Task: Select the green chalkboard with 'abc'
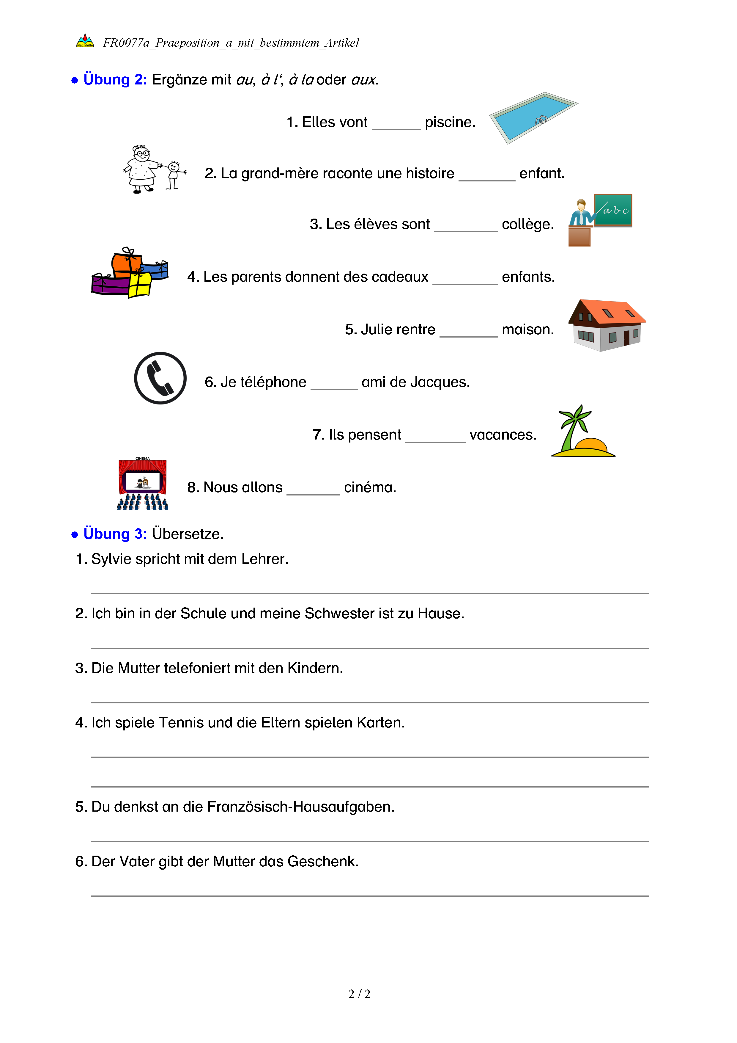point(613,210)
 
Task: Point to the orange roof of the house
point(613,312)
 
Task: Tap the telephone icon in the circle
point(160,378)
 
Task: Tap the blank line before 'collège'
point(466,227)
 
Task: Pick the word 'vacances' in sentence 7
point(502,435)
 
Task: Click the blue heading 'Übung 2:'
point(115,79)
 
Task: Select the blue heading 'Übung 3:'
point(115,534)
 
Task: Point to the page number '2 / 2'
point(359,994)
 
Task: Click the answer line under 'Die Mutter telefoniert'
point(370,702)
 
